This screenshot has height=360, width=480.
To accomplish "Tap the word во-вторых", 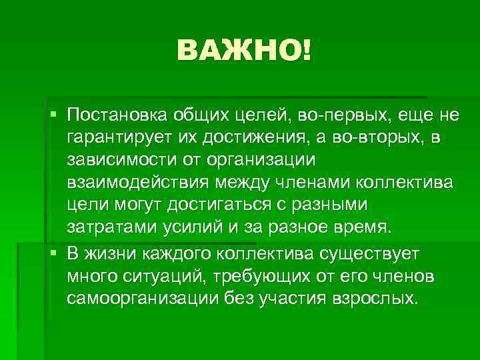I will tap(389, 138).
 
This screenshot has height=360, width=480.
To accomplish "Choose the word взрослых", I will tap(374, 297).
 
